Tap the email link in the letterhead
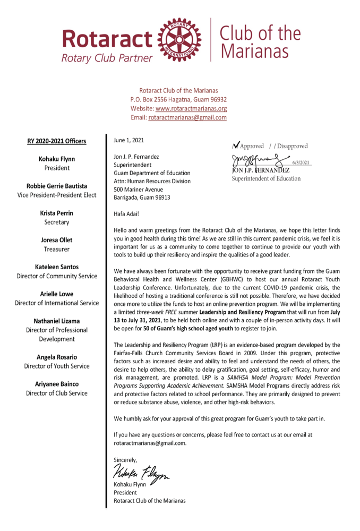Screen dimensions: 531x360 (x=187, y=117)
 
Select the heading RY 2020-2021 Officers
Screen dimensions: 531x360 (x=57, y=141)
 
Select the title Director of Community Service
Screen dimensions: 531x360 (x=57, y=276)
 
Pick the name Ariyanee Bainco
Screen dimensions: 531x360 (x=57, y=383)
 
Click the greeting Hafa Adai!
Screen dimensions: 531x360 (x=127, y=214)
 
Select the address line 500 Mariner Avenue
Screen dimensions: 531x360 (x=140, y=190)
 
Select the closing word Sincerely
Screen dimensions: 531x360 (x=126, y=459)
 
